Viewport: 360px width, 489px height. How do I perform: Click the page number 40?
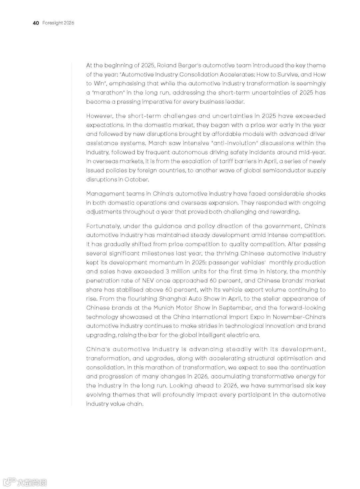click(36, 23)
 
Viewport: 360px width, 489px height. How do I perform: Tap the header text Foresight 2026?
click(58, 23)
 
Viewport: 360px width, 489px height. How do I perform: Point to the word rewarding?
click(285, 212)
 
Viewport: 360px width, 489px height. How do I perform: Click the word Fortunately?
click(103, 226)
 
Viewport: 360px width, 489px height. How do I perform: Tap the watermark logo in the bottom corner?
click(25, 482)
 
